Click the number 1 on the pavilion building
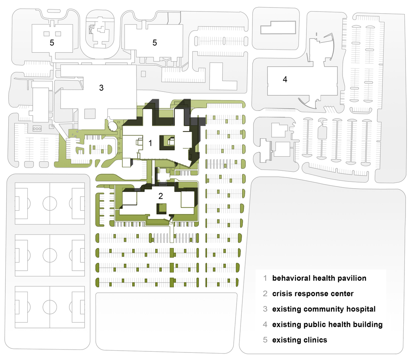150,143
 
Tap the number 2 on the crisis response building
161,195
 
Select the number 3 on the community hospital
102,88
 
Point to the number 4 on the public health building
285,79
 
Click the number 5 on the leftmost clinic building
52,42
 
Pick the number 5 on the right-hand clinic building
155,42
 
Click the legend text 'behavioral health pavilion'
319,278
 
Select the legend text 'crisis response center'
313,293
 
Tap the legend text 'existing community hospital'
324,309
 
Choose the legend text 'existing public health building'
327,325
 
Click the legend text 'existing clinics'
300,340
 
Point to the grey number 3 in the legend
265,309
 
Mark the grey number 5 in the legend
265,340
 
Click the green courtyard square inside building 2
162,208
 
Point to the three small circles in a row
37,129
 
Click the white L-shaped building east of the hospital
223,76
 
